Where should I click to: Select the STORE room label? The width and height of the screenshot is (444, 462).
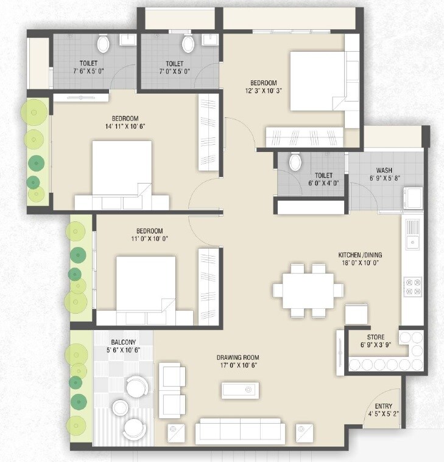tap(375, 337)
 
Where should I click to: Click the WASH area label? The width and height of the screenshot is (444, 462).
tap(384, 170)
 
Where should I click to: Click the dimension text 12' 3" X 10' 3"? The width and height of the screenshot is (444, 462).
tap(263, 92)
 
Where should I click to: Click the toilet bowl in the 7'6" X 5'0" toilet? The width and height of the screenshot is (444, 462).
tap(103, 43)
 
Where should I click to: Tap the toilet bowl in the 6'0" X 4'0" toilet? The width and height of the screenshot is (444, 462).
tap(295, 162)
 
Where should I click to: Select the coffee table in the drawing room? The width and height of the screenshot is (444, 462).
tap(241, 390)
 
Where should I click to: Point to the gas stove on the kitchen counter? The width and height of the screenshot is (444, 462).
tap(412, 286)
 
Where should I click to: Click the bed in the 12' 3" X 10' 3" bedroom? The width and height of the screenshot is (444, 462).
tap(317, 80)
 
